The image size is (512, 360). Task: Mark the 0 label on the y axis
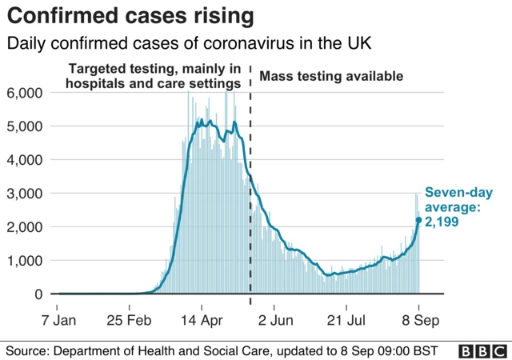(37, 294)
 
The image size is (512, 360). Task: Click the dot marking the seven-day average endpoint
(418, 220)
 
